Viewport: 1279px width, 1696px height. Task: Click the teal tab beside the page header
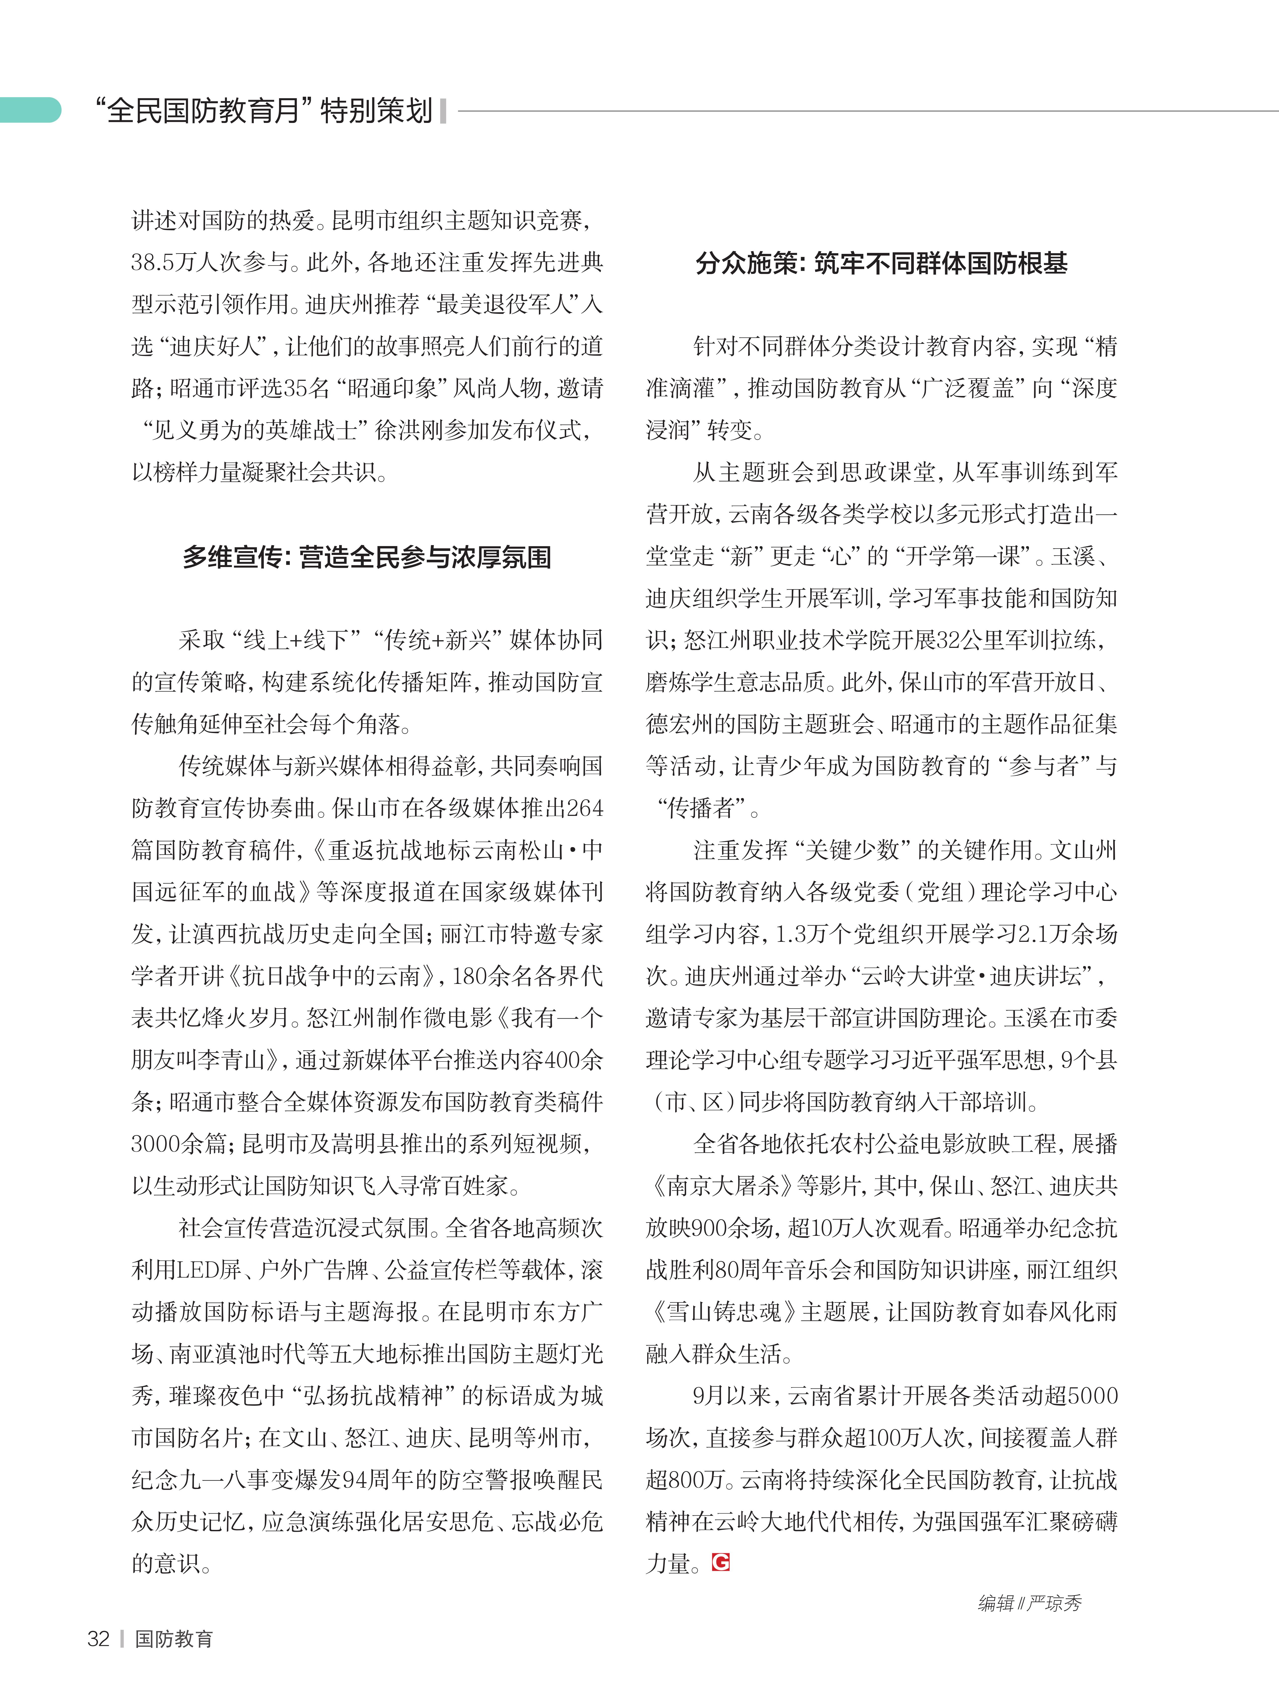click(31, 110)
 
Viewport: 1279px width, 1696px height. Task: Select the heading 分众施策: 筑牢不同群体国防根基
click(881, 264)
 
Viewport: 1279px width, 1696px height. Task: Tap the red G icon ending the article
click(720, 1562)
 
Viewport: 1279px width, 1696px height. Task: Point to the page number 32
click(99, 1639)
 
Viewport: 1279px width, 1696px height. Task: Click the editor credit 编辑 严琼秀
click(1029, 1603)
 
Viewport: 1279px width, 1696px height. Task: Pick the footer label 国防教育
click(174, 1639)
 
